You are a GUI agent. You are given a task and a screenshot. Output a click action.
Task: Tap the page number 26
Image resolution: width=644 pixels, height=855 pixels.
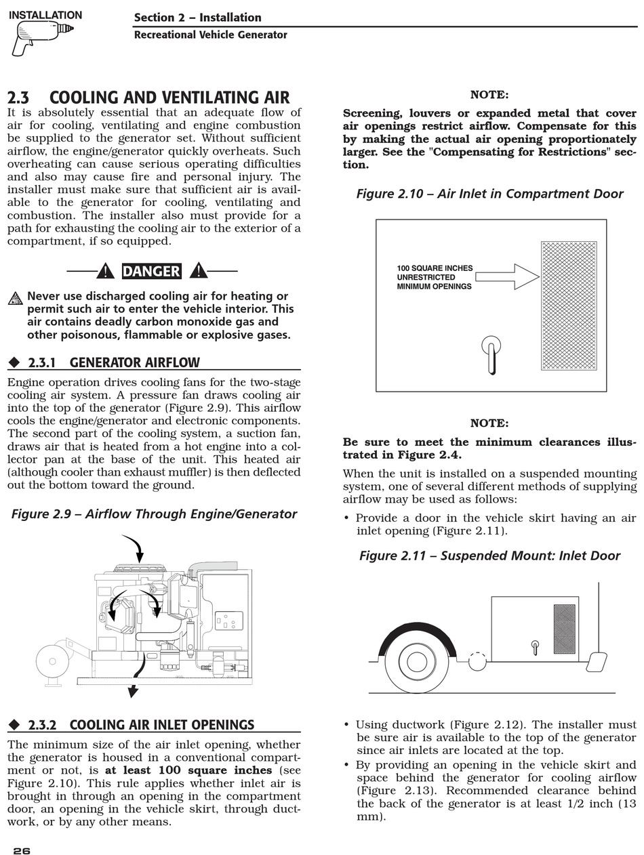point(22,851)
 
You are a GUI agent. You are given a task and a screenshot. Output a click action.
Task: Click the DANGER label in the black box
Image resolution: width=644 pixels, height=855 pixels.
point(151,272)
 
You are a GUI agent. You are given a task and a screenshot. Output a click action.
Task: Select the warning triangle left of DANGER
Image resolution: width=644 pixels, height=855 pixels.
point(105,272)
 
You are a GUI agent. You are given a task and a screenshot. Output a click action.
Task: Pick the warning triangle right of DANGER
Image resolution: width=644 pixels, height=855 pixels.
point(198,272)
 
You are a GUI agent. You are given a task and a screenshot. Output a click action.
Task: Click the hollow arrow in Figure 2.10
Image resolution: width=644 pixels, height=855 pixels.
point(507,276)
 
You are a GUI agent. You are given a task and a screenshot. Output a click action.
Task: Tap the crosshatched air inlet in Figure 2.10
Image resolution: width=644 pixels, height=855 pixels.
point(569,306)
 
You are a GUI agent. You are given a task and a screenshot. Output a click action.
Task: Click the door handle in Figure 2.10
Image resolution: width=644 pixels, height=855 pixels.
point(491,354)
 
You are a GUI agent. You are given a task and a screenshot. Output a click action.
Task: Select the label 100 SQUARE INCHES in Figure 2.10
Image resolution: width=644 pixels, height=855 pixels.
point(435,268)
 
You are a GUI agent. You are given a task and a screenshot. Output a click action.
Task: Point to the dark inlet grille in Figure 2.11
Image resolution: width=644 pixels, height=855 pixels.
point(564,629)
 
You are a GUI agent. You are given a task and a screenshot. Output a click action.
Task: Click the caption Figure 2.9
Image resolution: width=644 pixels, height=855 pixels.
point(154,514)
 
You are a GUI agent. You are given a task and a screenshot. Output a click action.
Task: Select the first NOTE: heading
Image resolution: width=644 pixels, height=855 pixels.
point(489,95)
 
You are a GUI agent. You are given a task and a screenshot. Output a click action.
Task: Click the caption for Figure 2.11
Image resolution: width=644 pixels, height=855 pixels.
point(489,556)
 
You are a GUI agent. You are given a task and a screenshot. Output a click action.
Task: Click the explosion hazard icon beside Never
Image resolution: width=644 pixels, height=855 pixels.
point(16,298)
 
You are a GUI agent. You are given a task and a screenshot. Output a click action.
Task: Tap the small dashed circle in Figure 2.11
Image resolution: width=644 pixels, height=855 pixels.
point(477,661)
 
